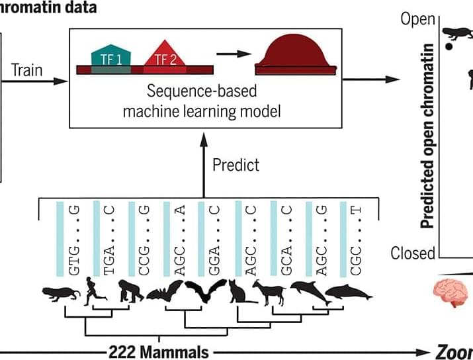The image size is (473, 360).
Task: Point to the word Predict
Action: coord(236,164)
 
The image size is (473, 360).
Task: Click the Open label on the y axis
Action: coord(418,19)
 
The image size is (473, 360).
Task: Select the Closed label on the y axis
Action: coord(413,253)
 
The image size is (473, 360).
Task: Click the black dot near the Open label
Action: coord(450,46)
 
